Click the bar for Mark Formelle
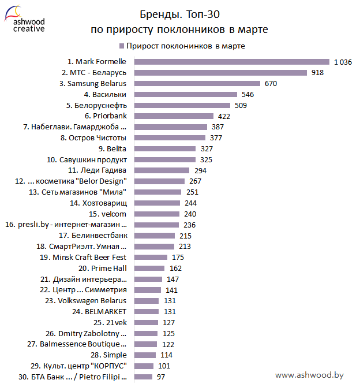pyautogui.click(x=231, y=62)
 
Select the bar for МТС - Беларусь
pyautogui.click(x=220, y=73)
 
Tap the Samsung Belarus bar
pyautogui.click(x=198, y=83)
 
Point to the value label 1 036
pyautogui.click(x=342, y=62)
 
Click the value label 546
pyautogui.click(x=247, y=94)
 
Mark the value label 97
pyautogui.click(x=162, y=377)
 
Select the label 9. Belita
pyautogui.click(x=112, y=148)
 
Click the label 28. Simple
pyautogui.click(x=110, y=355)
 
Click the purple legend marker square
pyautogui.click(x=122, y=46)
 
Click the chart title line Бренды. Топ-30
pyautogui.click(x=179, y=13)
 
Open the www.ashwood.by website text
pyautogui.click(x=309, y=375)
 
